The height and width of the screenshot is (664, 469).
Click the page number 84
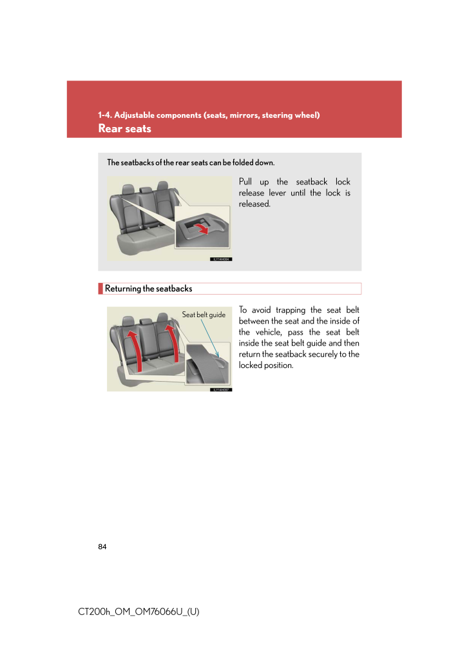tap(102, 547)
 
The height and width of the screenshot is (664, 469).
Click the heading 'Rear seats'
tap(124, 128)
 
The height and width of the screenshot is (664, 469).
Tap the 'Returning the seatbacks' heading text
tap(148, 289)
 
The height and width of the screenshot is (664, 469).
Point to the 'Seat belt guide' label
tap(204, 315)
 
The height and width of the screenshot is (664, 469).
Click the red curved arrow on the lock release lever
tap(202, 229)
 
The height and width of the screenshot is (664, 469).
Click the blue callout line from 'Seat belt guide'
tap(209, 336)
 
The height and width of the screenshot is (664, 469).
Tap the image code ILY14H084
tap(221, 259)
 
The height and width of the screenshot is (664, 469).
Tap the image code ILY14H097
tap(221, 389)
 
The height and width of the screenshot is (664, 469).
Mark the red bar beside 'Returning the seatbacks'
tap(101, 289)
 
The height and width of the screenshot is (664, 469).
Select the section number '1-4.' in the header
tap(105, 115)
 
